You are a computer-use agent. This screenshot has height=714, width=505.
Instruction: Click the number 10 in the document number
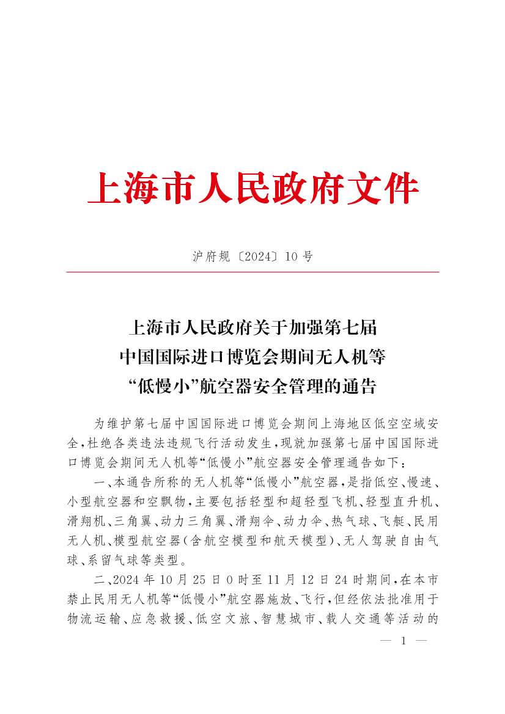(291, 257)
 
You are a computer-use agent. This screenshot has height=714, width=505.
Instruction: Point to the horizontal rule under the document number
(253, 272)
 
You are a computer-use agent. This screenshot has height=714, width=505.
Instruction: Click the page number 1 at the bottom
(403, 641)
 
